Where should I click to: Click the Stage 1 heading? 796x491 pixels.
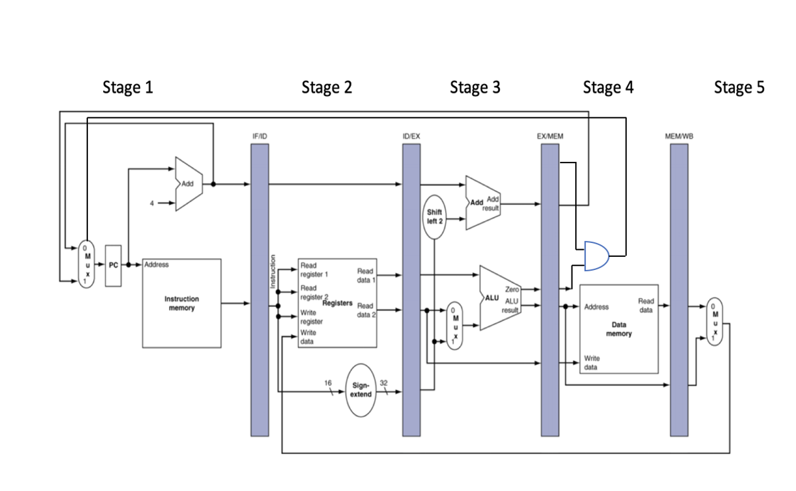click(x=128, y=88)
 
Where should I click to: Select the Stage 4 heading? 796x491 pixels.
click(x=608, y=88)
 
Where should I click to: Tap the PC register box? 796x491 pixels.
click(x=113, y=265)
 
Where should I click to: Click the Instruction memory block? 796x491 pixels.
click(x=182, y=303)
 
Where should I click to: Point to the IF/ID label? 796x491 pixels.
click(x=259, y=136)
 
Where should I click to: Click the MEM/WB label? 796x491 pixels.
click(x=678, y=136)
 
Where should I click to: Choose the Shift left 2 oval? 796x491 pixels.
click(x=435, y=217)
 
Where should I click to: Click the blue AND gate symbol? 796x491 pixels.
click(x=597, y=256)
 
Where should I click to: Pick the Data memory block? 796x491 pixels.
click(x=619, y=329)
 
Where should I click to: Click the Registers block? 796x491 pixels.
click(x=337, y=303)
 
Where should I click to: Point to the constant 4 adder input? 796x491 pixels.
click(x=152, y=203)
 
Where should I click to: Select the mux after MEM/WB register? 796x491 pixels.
click(x=714, y=321)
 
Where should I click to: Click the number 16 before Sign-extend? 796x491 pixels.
click(x=328, y=382)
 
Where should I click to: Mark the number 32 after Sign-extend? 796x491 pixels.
click(x=383, y=382)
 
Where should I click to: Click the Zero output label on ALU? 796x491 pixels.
click(x=512, y=289)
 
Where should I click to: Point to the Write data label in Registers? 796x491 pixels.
click(x=309, y=337)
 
